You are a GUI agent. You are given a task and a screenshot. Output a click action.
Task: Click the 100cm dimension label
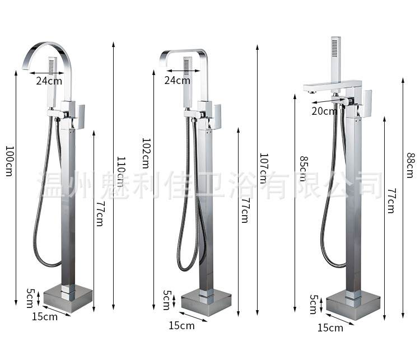pyautogui.click(x=10, y=161)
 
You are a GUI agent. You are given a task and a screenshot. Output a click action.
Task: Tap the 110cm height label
pyautogui.click(x=121, y=172)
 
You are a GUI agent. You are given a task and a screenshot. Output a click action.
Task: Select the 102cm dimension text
pyautogui.click(x=146, y=153)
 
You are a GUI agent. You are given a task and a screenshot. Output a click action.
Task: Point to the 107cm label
pyautogui.click(x=263, y=169)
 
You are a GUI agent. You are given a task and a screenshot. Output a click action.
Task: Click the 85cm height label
pyautogui.click(x=304, y=169)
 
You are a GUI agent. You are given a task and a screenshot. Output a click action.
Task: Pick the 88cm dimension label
pyautogui.click(x=410, y=165)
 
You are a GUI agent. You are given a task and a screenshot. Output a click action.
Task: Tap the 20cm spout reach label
pyautogui.click(x=324, y=111)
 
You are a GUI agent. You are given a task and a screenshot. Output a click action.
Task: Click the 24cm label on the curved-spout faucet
pyautogui.click(x=49, y=81)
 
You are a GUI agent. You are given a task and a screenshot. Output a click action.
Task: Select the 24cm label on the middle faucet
pyautogui.click(x=178, y=80)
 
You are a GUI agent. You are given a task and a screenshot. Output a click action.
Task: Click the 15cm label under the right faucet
pyautogui.click(x=330, y=328)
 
